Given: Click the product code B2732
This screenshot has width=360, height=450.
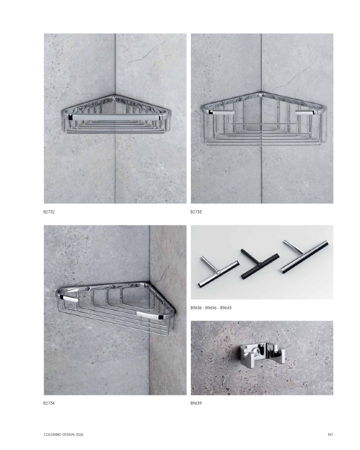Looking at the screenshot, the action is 49,212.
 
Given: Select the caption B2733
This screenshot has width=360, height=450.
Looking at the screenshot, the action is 196,212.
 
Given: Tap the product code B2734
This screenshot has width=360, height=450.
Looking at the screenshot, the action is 49,403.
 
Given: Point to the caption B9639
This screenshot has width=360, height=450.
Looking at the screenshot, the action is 196,403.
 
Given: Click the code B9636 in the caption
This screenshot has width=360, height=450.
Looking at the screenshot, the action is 196,308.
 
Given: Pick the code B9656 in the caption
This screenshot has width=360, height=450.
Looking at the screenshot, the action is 211,308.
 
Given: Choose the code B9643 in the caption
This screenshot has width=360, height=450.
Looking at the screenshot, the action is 226,308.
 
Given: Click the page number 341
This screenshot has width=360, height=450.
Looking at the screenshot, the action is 330,434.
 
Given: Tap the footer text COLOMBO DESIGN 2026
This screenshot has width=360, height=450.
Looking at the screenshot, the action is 64,434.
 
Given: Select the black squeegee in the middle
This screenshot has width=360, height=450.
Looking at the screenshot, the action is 260,263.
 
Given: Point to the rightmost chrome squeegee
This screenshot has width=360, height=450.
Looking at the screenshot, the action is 305,256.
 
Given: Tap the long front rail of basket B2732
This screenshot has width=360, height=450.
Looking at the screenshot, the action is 115,117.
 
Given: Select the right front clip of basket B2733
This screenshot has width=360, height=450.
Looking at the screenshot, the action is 306,113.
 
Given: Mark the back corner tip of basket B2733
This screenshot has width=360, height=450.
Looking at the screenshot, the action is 261,93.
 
